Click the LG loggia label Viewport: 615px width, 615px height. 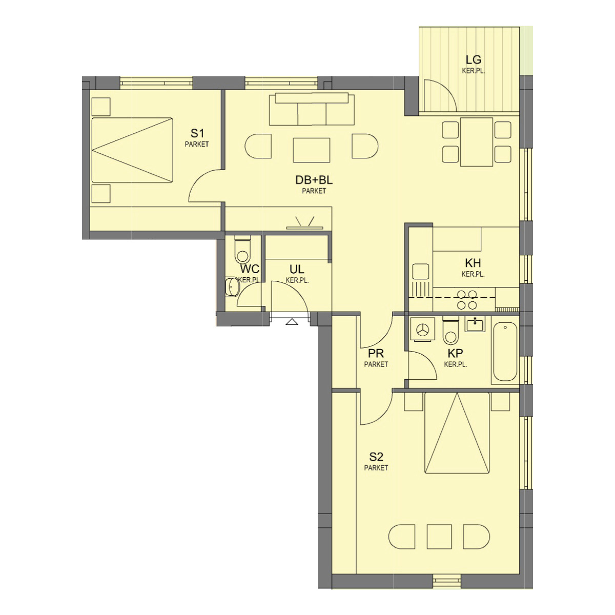coord(474,59)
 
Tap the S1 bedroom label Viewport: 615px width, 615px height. coord(197,133)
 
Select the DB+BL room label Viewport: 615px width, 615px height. coord(314,180)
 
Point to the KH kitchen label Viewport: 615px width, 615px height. coord(473,263)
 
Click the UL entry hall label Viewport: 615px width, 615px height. coord(297,270)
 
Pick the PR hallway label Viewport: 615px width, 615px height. coord(376,353)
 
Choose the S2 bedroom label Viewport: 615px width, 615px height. coord(376,457)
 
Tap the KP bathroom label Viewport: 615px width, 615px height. coord(455,353)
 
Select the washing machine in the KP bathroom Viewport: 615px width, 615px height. coord(422,330)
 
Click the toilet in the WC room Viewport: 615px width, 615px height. coord(243,249)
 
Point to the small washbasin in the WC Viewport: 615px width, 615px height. coord(232,286)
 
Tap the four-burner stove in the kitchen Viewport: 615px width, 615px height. coord(467,300)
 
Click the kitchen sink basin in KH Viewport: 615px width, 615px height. coord(421,272)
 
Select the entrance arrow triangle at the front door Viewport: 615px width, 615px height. coord(292,322)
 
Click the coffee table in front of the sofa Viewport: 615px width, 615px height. coord(312,150)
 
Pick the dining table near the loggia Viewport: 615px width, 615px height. coord(477,141)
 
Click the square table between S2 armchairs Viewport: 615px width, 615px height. coord(439,537)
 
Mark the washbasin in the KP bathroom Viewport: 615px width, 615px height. coord(475,325)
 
